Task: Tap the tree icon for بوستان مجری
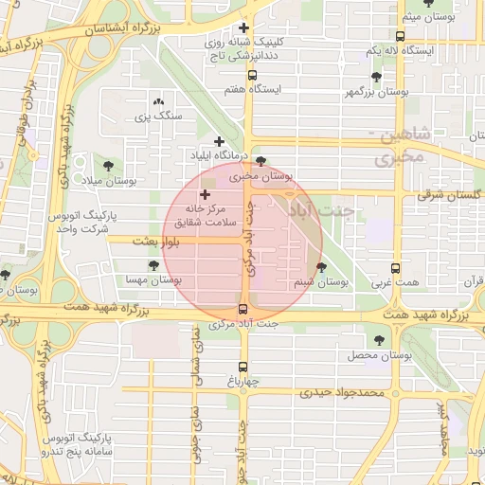[x=261, y=161]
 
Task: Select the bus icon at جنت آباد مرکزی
[x=243, y=309]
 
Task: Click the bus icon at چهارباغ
[x=243, y=367]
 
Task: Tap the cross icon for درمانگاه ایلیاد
[x=219, y=141]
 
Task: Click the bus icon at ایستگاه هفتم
[x=252, y=74]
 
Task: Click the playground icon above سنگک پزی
[x=158, y=100]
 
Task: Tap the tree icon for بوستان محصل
[x=380, y=339]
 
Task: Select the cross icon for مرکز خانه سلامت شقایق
[x=205, y=193]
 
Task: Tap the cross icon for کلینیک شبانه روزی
[x=244, y=27]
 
